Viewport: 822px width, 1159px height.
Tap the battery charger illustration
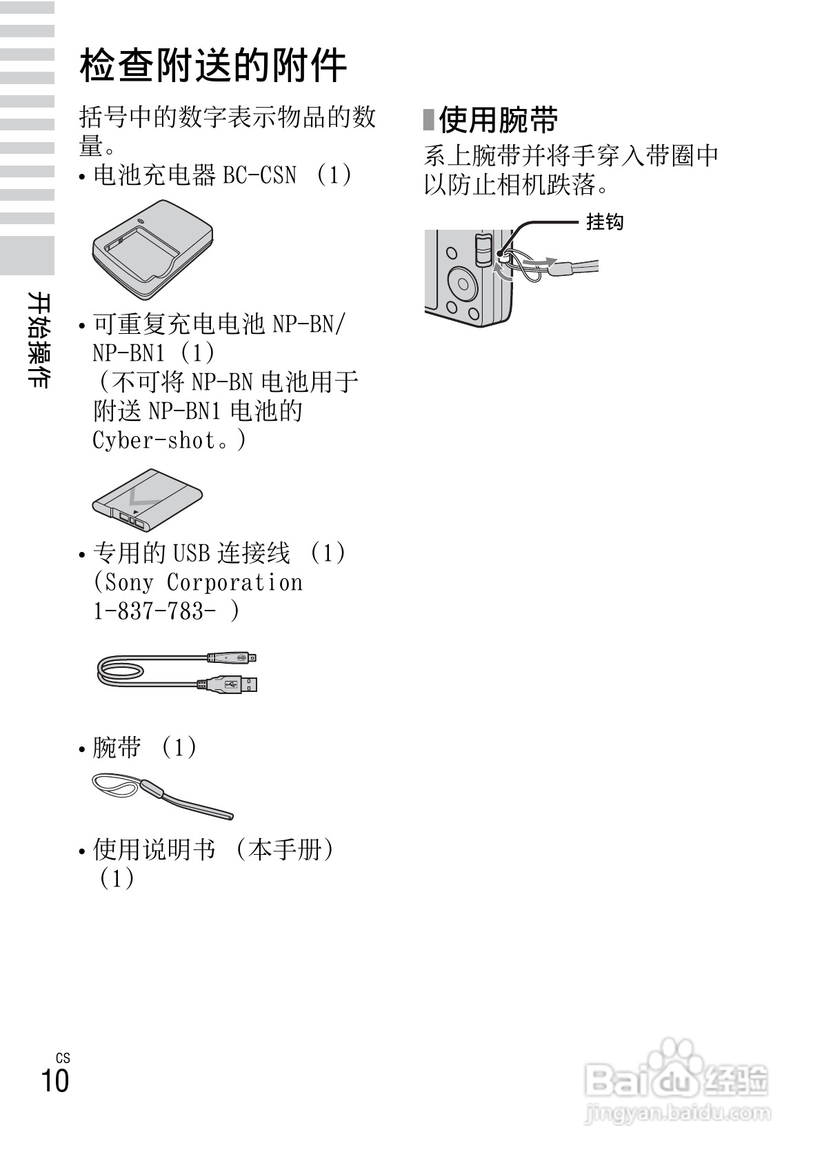tap(152, 250)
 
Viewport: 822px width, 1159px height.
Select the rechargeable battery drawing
tap(147, 500)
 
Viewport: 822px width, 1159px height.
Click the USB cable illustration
tap(178, 671)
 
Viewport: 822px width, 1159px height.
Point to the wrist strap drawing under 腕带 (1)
tap(162, 795)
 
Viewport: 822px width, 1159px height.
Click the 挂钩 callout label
tap(605, 222)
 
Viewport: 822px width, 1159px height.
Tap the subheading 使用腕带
tap(498, 120)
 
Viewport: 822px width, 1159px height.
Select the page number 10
tap(55, 1080)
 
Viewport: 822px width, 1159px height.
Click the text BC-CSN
tap(259, 175)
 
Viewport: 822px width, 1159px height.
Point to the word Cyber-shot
tap(155, 439)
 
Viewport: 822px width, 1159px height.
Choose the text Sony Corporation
tap(198, 582)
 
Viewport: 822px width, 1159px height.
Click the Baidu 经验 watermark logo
tap(676, 1077)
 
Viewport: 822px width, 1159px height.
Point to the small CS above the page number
tap(63, 1058)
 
